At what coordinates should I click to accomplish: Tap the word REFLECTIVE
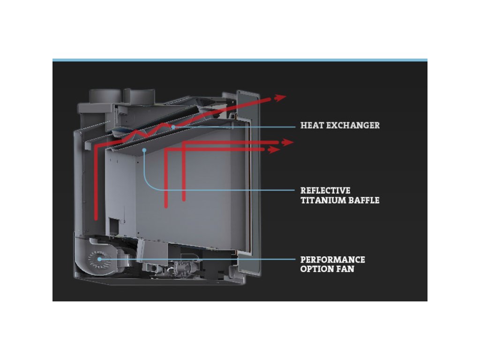pos(325,191)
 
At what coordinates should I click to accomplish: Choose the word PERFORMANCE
pos(332,260)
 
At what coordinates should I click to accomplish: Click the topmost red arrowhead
pos(281,97)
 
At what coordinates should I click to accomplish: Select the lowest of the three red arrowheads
pos(274,150)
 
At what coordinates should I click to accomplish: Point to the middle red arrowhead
pos(287,142)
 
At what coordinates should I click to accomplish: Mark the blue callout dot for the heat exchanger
pos(173,127)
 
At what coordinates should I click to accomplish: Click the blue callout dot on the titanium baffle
pos(145,150)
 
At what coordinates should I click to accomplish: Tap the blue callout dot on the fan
pos(99,259)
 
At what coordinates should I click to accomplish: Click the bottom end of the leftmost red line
pos(96,218)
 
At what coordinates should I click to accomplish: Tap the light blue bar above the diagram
pos(240,60)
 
